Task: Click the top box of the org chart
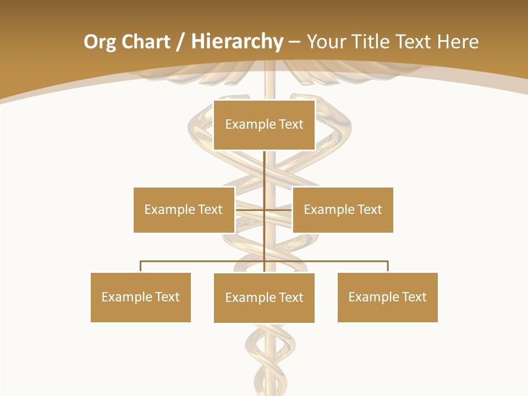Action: coord(264,125)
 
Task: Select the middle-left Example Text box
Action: coord(184,210)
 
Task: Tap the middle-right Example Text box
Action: coord(343,210)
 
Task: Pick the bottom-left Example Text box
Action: coord(140,297)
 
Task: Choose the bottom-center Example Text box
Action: coord(264,298)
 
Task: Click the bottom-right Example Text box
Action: coord(387,297)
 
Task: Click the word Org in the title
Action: coord(100,42)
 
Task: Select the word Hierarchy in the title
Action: coord(237,42)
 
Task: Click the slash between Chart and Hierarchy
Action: coord(180,42)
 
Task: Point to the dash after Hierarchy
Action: coord(294,42)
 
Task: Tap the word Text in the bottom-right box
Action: coord(414,297)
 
